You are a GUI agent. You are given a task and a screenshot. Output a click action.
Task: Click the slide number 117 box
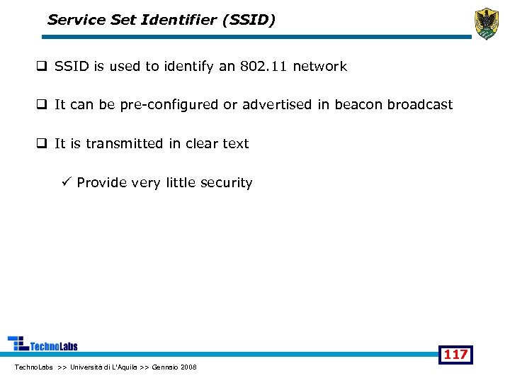(455, 354)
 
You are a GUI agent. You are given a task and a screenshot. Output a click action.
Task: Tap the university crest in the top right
(486, 23)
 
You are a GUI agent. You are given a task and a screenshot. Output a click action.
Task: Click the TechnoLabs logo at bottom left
(42, 344)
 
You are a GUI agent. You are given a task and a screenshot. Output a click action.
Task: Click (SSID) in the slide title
(248, 20)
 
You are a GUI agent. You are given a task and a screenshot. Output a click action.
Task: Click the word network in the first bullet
(319, 67)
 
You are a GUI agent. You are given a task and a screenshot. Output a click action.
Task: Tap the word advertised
(277, 105)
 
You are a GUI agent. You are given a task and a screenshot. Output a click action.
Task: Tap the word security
(226, 183)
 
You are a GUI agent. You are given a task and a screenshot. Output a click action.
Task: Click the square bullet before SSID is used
(42, 67)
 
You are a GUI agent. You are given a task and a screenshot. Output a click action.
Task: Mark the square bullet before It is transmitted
(42, 144)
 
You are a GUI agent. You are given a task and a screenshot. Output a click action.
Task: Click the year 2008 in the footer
(188, 367)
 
